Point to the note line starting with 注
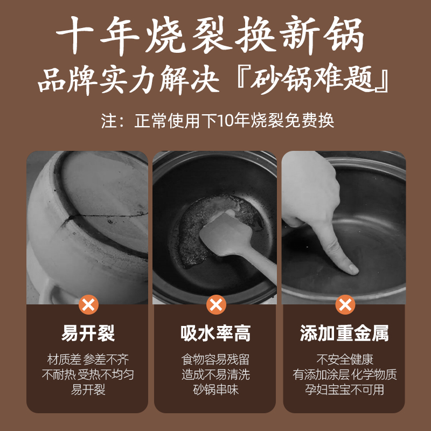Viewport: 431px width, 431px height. click(x=215, y=120)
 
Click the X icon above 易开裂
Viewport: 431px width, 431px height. click(x=88, y=304)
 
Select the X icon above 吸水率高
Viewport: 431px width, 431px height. click(x=216, y=304)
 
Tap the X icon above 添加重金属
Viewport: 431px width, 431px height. click(x=345, y=304)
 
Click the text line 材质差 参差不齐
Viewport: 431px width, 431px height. click(x=88, y=360)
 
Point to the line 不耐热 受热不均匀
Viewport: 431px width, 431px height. click(x=88, y=374)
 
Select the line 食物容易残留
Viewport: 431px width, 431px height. click(x=215, y=360)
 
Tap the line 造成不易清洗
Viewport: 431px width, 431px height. click(x=215, y=374)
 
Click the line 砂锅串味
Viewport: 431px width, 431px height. click(x=215, y=389)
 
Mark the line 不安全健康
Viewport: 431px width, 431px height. click(x=344, y=360)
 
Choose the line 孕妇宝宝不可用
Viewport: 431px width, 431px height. click(x=344, y=389)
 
